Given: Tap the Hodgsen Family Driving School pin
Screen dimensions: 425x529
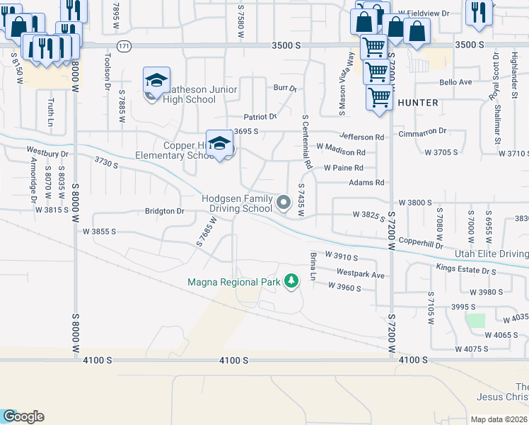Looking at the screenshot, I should [x=284, y=203].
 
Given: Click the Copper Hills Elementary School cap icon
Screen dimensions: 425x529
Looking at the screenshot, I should [x=220, y=142].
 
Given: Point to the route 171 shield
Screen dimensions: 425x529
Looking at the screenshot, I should [x=124, y=45].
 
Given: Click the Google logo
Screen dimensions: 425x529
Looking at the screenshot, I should [x=23, y=416].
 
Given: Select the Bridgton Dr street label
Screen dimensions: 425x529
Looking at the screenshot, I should [x=164, y=211].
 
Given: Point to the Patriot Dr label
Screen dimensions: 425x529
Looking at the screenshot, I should [x=260, y=116].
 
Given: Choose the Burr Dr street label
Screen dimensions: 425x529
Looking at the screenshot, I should [x=284, y=89].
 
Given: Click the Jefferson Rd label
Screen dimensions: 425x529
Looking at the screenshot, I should [x=361, y=137].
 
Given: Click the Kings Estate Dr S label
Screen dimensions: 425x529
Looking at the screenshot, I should [x=467, y=270].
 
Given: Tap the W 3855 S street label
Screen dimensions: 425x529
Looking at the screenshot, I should [x=99, y=232].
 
